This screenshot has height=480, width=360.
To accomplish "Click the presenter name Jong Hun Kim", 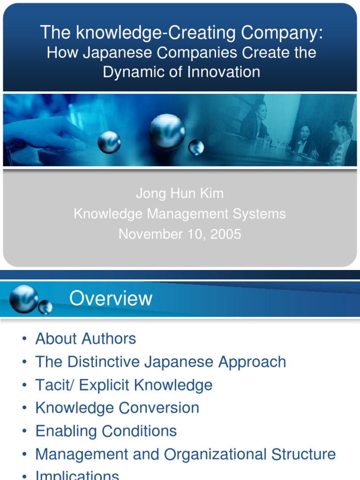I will [x=180, y=193].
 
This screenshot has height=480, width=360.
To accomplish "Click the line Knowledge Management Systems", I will [x=180, y=214].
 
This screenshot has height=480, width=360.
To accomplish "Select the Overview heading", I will [x=111, y=299].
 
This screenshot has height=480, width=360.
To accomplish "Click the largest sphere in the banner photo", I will [x=167, y=132].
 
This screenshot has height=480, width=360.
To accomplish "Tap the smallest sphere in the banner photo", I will [x=196, y=147].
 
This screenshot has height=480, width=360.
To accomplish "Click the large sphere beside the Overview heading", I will [x=24, y=298].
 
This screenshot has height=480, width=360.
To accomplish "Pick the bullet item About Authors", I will [x=86, y=338].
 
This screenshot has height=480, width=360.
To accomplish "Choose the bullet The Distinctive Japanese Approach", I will [x=160, y=362].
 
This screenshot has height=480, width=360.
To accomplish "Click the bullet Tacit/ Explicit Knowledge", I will [x=124, y=385].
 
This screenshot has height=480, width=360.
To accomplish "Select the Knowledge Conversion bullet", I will [x=117, y=408].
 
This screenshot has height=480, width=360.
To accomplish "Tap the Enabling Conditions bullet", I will [x=106, y=431].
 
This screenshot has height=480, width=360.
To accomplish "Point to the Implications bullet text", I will [x=77, y=475].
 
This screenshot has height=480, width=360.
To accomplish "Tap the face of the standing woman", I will [x=261, y=111].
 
